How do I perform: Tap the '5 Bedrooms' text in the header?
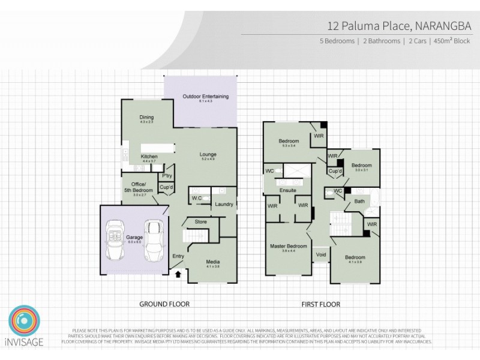(337, 41)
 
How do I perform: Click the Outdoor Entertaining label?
(206, 97)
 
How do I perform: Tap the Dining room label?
(147, 117)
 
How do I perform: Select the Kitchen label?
(149, 157)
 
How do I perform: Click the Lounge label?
(209, 154)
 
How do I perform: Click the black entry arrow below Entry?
(178, 275)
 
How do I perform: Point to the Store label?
(200, 222)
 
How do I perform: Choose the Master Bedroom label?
(289, 246)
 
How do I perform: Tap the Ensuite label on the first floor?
(289, 191)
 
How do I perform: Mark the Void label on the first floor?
(321, 254)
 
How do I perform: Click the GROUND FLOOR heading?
(164, 304)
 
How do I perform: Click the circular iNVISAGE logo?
(25, 322)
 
